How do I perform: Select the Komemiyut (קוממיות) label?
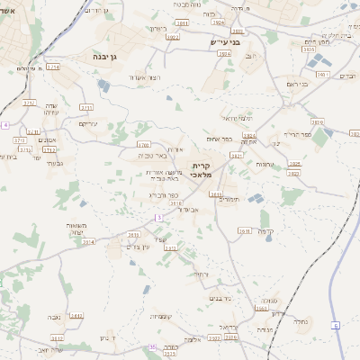pyautogui.click(x=162, y=316)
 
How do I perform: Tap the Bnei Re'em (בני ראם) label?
pyautogui.click(x=297, y=84)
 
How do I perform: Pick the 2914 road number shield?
pyautogui.click(x=88, y=241)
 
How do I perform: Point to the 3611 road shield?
pyautogui.click(x=121, y=235)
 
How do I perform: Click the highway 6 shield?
pyautogui.click(x=336, y=324)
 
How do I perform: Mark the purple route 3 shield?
pyautogui.click(x=159, y=218)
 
